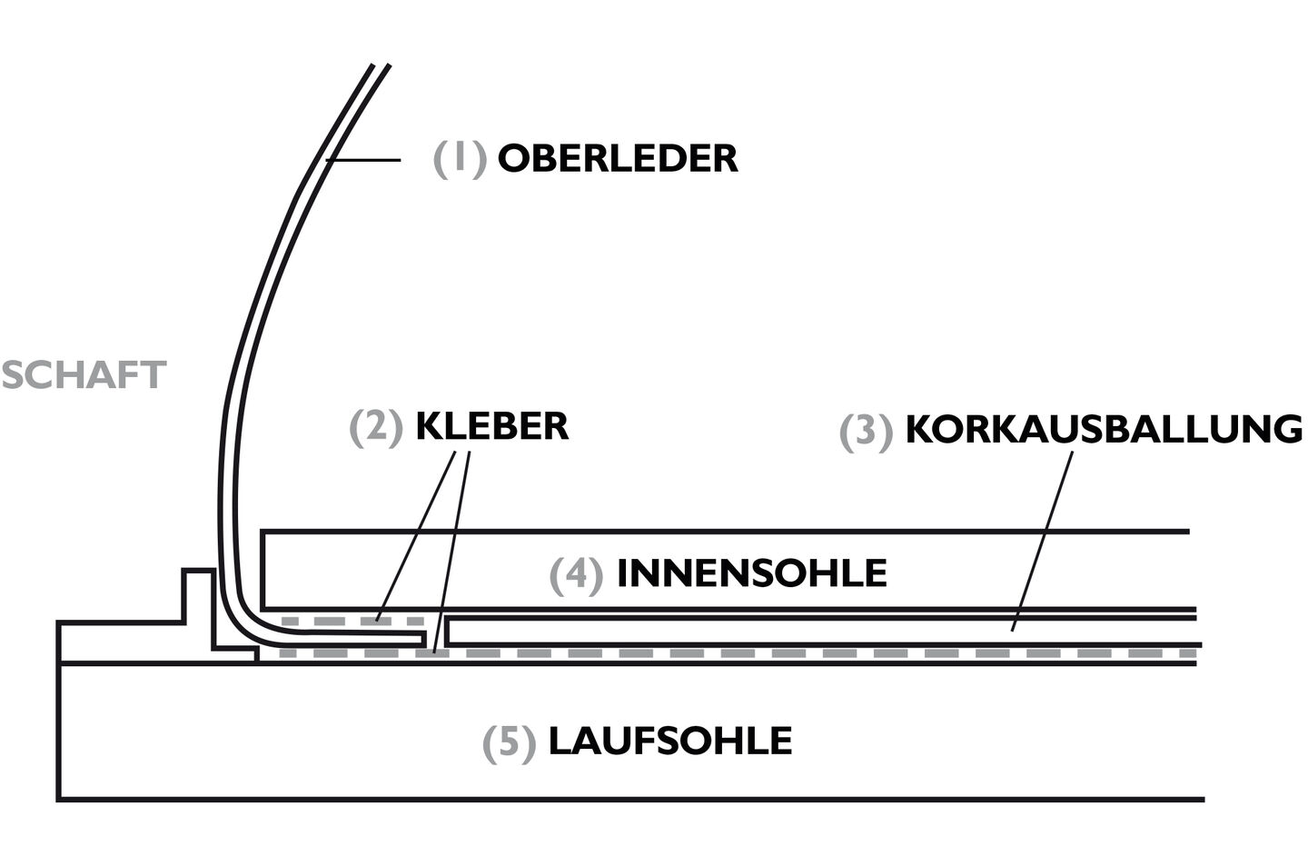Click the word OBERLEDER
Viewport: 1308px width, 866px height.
tap(617, 158)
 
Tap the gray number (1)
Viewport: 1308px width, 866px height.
tap(460, 158)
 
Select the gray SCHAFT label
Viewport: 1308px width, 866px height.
tap(84, 375)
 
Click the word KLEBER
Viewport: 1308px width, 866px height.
tap(491, 426)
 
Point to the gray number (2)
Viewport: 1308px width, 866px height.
tap(376, 427)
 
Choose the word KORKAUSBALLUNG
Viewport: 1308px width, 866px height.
tap(1104, 430)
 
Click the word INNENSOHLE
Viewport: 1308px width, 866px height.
tap(751, 573)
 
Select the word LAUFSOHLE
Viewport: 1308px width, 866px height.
tap(669, 742)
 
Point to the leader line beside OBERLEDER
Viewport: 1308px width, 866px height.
tap(363, 160)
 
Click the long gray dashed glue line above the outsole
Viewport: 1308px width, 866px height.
tap(817, 653)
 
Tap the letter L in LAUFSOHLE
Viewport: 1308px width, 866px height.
tap(559, 742)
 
